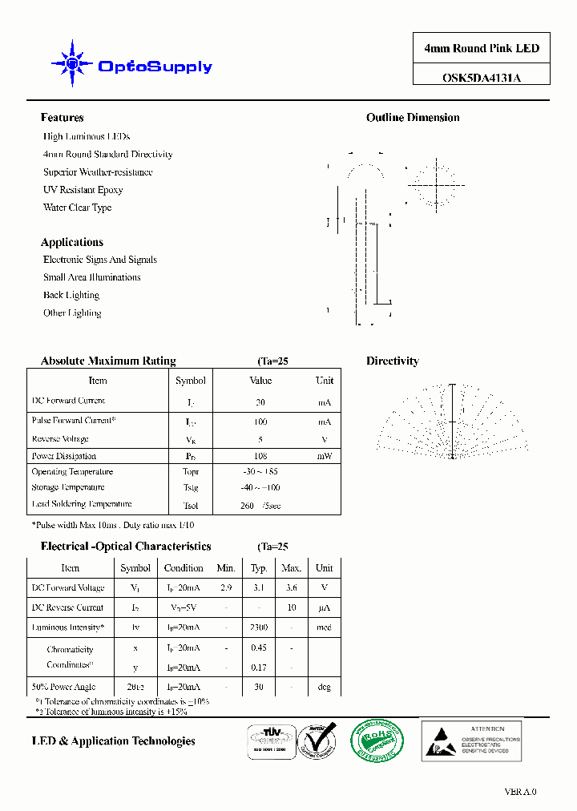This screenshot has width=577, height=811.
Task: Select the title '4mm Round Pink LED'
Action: [482, 48]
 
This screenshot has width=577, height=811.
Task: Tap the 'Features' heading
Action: [62, 118]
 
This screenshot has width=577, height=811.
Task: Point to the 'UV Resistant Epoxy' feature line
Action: [83, 190]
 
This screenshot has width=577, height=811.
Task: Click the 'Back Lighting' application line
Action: [71, 295]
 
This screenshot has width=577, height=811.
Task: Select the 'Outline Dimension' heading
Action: [413, 118]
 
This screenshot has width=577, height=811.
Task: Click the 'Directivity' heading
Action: [392, 361]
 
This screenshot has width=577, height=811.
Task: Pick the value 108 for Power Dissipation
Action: [260, 456]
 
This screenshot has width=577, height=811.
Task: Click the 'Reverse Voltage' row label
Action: [60, 439]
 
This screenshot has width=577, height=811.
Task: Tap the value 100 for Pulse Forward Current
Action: [260, 422]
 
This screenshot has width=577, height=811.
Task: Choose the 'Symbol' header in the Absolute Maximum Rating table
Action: [190, 381]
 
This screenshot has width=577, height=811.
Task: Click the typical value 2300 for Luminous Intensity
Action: [258, 627]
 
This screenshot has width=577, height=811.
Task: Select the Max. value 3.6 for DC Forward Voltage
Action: [291, 587]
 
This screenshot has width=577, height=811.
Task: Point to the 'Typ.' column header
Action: [258, 567]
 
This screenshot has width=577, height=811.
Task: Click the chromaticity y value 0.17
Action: [258, 667]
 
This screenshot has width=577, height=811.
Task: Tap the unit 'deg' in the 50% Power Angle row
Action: [324, 687]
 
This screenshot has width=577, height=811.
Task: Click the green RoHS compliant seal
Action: [376, 740]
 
